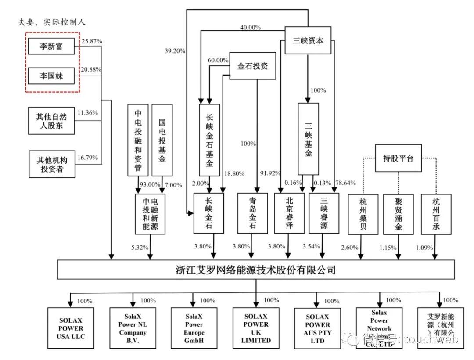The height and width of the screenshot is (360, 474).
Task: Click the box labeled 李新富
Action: (x=52, y=47)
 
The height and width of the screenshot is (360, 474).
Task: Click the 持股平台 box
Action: (x=398, y=158)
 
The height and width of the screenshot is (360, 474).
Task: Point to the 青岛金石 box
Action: (x=252, y=213)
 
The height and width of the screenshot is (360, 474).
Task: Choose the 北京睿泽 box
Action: (x=289, y=213)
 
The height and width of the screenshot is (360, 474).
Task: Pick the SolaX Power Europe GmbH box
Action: (x=194, y=328)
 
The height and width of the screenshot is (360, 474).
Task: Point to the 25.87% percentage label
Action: (x=92, y=41)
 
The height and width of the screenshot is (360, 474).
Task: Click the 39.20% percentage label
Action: (x=174, y=50)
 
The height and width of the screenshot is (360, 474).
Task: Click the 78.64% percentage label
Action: (x=345, y=183)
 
